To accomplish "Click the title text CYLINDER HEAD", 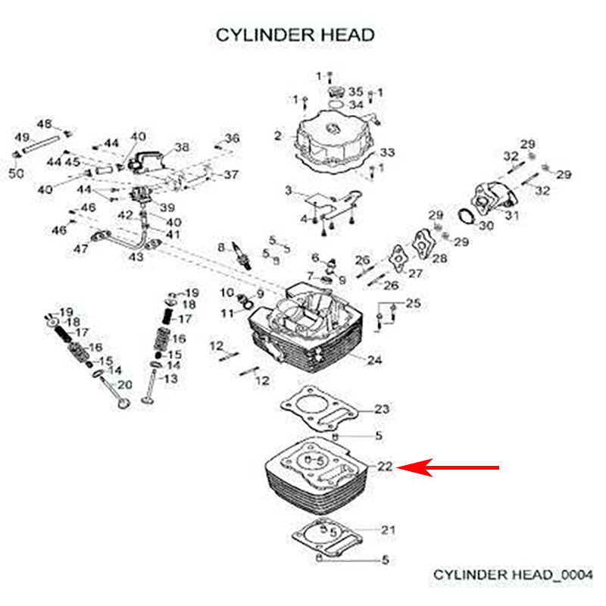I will (295, 35).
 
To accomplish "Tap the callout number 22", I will (385, 467).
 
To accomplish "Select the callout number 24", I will (374, 359).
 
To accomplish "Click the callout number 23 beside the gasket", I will (383, 409).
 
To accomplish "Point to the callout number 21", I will (388, 529).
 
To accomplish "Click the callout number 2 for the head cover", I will (278, 136).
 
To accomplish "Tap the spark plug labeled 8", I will (242, 255).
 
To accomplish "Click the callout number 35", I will (356, 92).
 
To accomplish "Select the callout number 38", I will (182, 146).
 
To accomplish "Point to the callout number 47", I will (80, 248).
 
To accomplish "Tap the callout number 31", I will (513, 217).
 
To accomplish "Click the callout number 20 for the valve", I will (124, 385).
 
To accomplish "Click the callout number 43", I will (136, 258).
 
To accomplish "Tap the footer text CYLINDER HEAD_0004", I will (513, 575).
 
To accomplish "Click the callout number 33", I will (387, 153).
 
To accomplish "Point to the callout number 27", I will (414, 273).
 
